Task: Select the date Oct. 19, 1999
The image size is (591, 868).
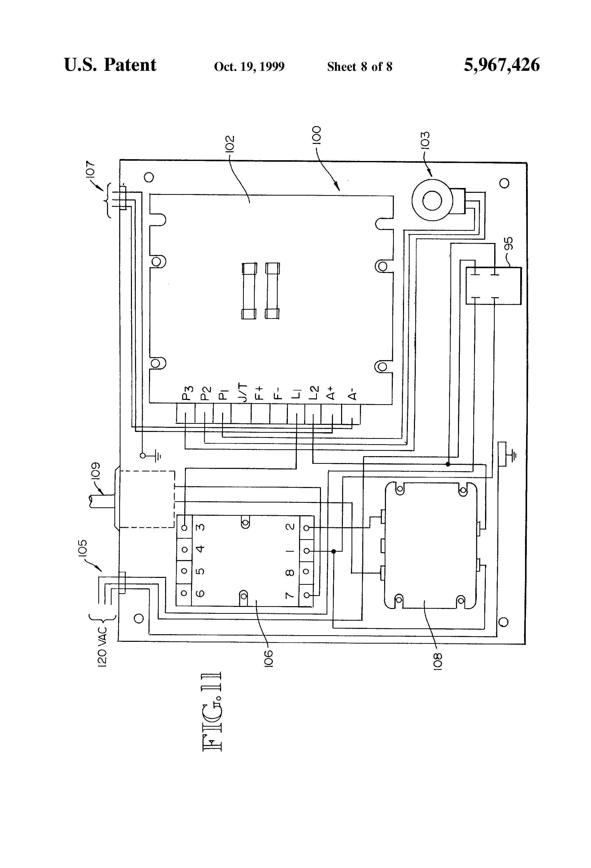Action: pos(249,67)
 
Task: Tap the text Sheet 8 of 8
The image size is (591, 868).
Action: pos(360,67)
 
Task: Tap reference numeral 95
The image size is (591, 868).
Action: pos(508,243)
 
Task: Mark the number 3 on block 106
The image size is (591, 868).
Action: pos(201,527)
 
